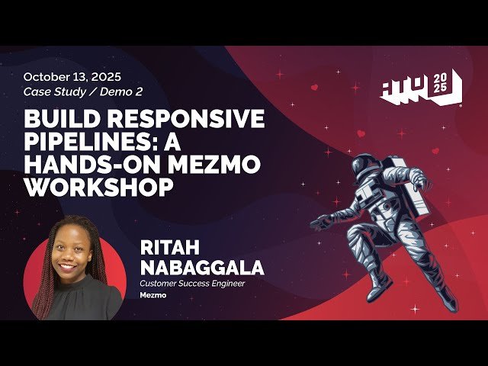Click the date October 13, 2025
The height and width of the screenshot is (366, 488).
coord(72,77)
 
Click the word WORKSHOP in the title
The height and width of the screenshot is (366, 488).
coord(95,188)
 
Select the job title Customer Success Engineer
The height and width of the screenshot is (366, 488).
coord(192,284)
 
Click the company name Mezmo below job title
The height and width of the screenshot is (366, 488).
coord(152,294)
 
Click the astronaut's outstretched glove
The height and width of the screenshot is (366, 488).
coord(321,221)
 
